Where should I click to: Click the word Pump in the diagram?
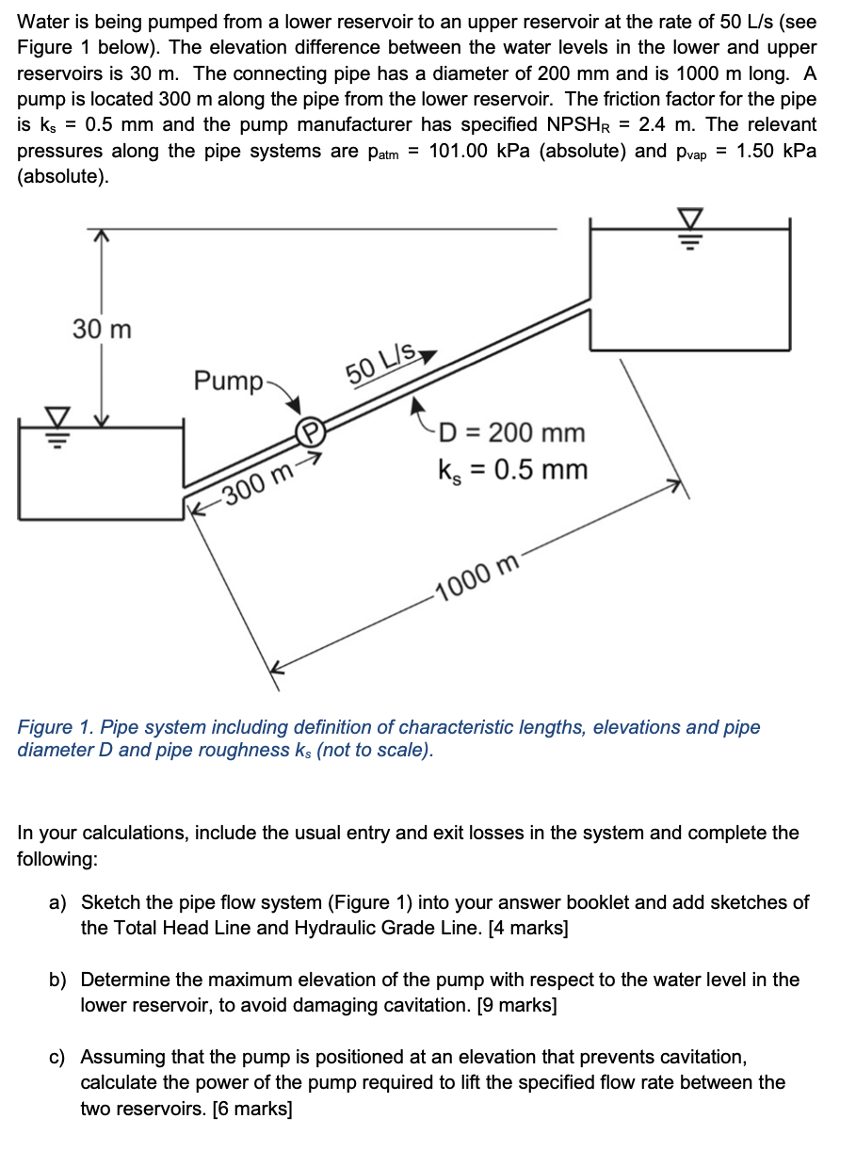coord(228,381)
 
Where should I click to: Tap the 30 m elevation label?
coord(102,330)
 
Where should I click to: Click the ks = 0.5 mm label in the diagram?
coord(512,469)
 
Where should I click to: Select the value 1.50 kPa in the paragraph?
coord(777,152)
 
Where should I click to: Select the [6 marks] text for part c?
coord(252,1109)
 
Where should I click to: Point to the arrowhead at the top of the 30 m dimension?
coord(102,235)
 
